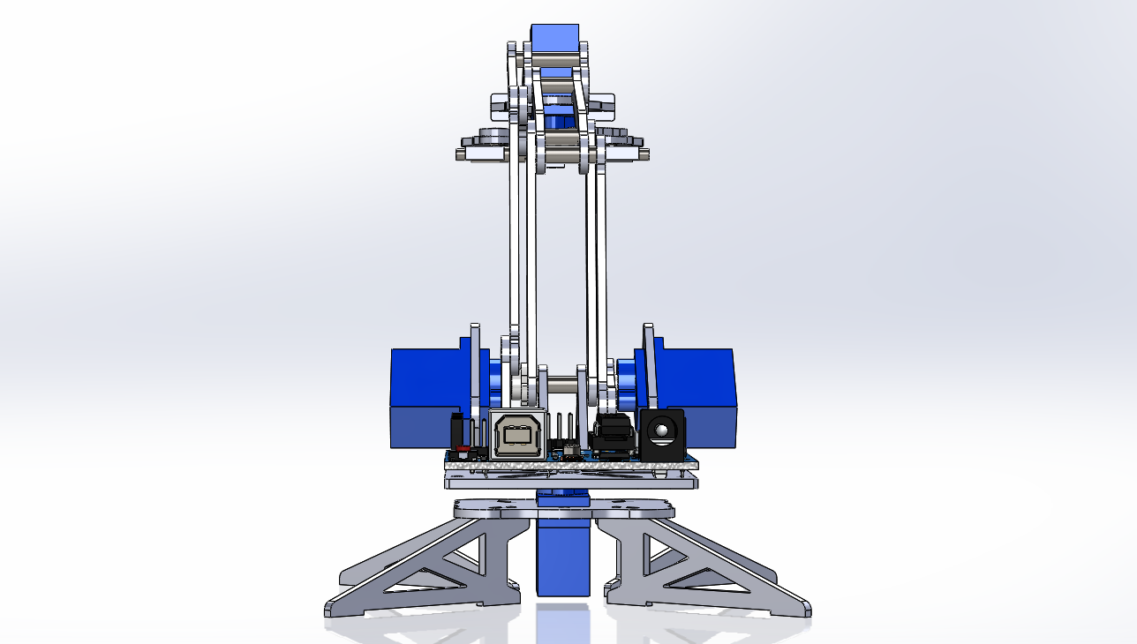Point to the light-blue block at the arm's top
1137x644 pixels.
554,41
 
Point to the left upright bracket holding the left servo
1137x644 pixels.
474,371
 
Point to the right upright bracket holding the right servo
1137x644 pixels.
650,371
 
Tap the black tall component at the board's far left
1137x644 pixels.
456,430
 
